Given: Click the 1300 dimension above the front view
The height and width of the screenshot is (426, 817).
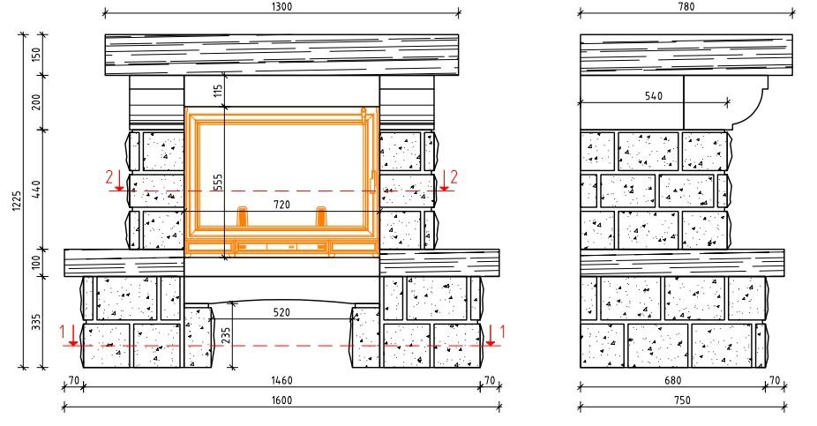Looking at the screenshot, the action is [281, 6].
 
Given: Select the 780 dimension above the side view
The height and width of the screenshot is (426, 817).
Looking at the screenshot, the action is [686, 6].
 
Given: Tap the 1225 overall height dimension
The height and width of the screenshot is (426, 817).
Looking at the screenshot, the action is [17, 201].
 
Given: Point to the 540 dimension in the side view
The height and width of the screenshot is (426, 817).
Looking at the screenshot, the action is [654, 96].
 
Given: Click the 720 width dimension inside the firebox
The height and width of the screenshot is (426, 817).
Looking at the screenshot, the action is [281, 205].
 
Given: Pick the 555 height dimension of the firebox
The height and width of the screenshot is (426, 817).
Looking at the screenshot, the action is [218, 181].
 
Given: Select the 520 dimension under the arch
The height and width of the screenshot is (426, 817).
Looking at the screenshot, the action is [281, 312].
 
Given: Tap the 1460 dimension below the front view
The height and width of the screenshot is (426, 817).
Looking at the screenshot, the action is [281, 381].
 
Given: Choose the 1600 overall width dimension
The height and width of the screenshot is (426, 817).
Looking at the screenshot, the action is [281, 400].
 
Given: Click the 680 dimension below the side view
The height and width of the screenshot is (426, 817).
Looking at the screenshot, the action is [672, 381].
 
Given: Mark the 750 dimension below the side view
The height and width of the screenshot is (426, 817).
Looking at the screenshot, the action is [681, 400].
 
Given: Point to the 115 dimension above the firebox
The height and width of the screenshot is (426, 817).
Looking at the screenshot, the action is [218, 91].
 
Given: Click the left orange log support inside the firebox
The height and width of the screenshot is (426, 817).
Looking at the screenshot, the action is [243, 217].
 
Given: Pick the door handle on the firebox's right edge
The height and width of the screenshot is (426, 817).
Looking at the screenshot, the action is [373, 183].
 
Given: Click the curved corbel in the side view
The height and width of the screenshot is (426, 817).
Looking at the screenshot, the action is [749, 104].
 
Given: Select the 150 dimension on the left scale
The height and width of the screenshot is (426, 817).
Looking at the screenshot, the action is [36, 55].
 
